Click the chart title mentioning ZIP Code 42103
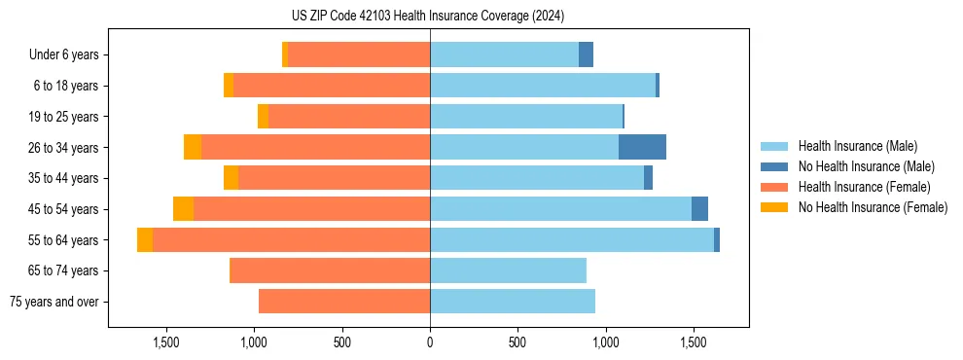click(428, 16)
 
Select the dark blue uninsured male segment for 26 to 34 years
click(642, 147)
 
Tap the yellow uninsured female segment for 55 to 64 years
click(145, 239)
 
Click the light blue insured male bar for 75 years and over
click(513, 302)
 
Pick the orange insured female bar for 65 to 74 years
click(330, 270)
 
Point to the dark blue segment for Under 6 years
click(586, 54)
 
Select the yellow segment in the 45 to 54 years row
click(183, 209)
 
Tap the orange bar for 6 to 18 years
click(332, 86)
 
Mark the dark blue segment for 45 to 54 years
click(699, 209)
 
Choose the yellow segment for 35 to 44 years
click(231, 178)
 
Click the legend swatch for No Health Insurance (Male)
click(774, 166)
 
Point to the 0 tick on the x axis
click(430, 342)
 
